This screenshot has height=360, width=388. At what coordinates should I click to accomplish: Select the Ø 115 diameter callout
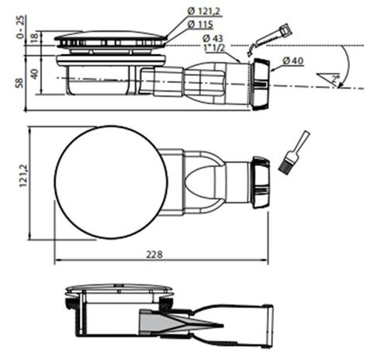pyautogui.click(x=201, y=25)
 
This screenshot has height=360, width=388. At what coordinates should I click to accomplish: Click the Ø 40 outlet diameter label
pyautogui.click(x=293, y=60)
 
